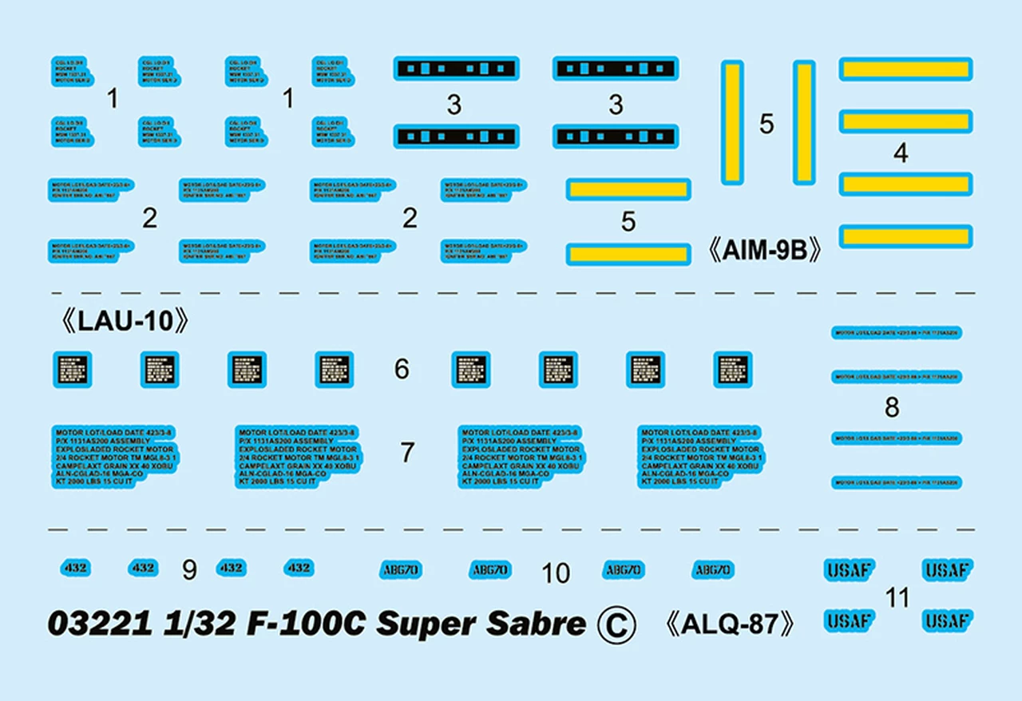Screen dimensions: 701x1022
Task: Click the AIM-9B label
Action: point(765,251)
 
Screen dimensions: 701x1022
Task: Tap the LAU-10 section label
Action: point(126,322)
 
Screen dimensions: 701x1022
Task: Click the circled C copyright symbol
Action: point(616,625)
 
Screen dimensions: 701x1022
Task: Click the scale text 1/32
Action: point(191,624)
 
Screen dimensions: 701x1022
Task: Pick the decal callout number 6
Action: point(402,369)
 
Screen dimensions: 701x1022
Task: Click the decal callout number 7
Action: point(407,453)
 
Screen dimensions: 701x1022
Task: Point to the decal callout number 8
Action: point(892,408)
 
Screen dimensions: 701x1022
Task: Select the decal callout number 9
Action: point(189,569)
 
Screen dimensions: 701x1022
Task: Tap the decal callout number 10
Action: point(556,572)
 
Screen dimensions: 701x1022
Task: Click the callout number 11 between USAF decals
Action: point(897,597)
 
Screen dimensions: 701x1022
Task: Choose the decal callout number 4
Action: point(901,153)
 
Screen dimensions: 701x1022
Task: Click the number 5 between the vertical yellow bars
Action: point(766,124)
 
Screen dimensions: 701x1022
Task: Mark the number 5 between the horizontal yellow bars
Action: point(628,221)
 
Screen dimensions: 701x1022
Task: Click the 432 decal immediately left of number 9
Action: point(143,568)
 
